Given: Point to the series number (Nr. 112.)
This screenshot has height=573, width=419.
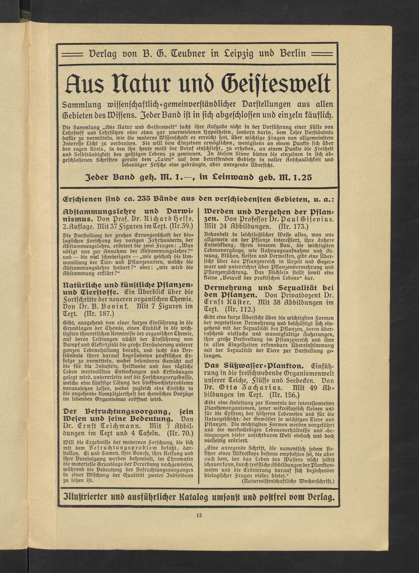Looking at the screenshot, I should pos(238,310).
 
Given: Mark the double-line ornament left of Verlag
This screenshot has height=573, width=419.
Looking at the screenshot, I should pos(73,54).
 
